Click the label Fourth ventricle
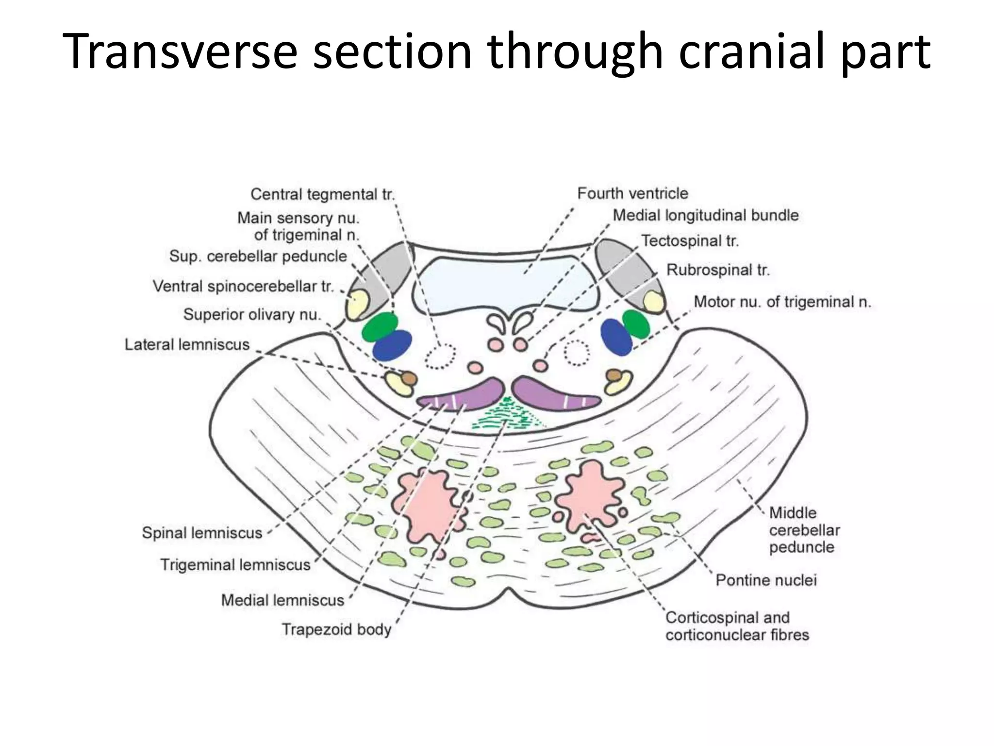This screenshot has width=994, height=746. tap(632, 193)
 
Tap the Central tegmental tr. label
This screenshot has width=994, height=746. tap(322, 194)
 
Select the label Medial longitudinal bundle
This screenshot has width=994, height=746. tap(705, 215)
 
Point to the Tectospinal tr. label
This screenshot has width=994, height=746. tap(689, 241)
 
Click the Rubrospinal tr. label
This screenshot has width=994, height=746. tap(718, 270)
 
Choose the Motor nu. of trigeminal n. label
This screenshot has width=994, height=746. tap(782, 302)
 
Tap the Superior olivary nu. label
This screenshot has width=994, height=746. tap(252, 315)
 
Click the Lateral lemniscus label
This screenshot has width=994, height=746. tap(187, 344)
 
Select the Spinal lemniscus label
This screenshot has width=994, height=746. tap(201, 533)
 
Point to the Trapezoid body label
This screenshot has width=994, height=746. tap(336, 629)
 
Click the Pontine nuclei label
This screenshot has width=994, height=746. tap(766, 580)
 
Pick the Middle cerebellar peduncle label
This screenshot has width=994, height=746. tap(804, 530)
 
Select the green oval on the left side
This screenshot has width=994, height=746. tap(380, 326)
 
